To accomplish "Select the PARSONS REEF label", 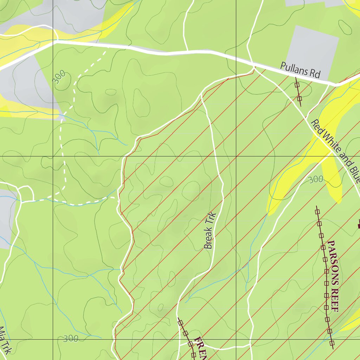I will click(x=333, y=276).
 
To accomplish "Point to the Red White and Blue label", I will click(x=336, y=151).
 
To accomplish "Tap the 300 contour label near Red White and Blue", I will click(x=315, y=179).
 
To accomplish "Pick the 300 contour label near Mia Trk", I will click(x=70, y=339).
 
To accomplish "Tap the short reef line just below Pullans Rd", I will click(x=298, y=92).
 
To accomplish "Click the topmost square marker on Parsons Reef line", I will click(x=317, y=212).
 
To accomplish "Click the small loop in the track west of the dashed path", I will click(x=25, y=192).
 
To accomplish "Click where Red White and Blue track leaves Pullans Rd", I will click(x=254, y=66).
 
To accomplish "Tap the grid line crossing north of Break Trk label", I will click(x=236, y=156).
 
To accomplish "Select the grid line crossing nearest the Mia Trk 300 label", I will click(x=53, y=340).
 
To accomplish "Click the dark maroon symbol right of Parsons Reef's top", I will click(x=359, y=223).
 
